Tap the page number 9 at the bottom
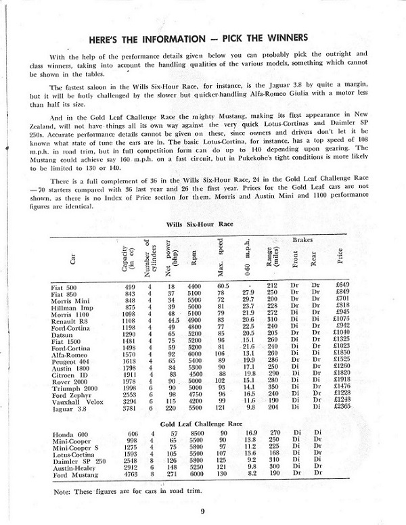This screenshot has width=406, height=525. click(202, 510)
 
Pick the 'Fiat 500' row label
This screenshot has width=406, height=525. click(64, 287)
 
